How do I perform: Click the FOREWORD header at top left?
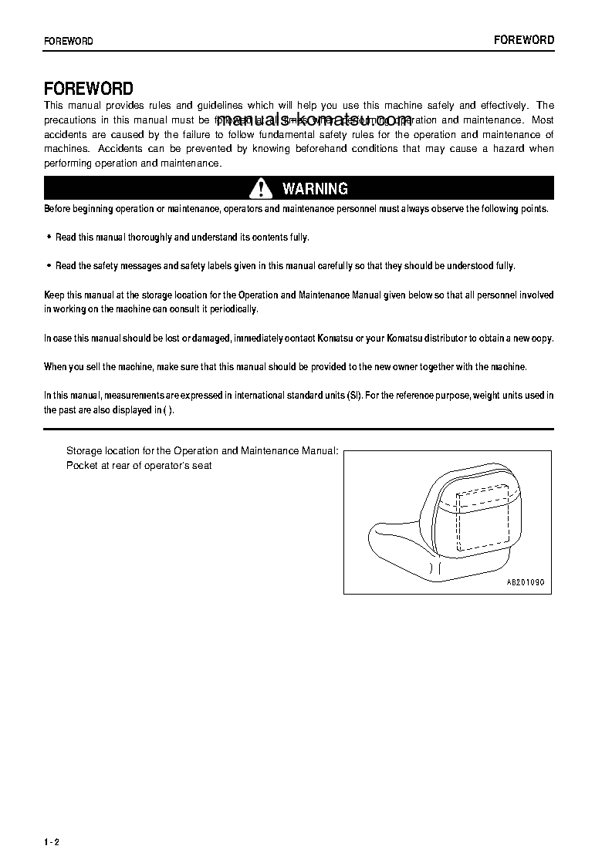(x=69, y=41)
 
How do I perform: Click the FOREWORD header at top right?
(x=524, y=40)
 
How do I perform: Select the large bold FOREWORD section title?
(x=89, y=89)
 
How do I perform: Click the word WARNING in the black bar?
(x=315, y=189)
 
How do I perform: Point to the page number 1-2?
(x=52, y=841)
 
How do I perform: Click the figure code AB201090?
(x=525, y=582)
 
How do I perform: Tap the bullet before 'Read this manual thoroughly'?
(x=49, y=238)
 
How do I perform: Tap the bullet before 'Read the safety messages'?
(x=49, y=265)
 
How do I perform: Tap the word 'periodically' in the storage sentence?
(x=234, y=309)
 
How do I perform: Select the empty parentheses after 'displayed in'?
(x=169, y=410)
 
